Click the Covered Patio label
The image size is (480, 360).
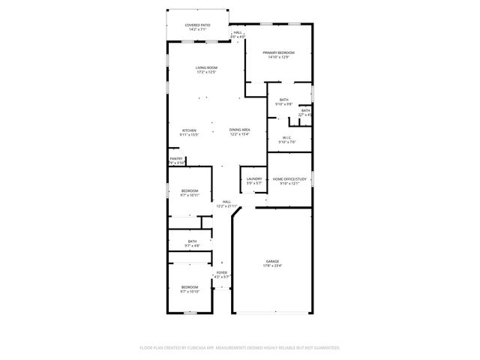[198, 25]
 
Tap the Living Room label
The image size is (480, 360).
[206, 68]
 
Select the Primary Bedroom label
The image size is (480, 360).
[278, 52]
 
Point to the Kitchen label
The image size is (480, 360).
[189, 130]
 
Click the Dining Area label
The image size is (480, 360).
[240, 130]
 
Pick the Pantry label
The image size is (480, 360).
[176, 158]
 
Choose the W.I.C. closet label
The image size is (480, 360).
[287, 137]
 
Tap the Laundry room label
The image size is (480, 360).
[254, 179]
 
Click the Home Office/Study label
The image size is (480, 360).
[289, 179]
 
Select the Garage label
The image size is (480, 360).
[271, 261]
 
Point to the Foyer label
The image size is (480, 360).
[221, 272]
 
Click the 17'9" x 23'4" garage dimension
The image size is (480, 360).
[271, 265]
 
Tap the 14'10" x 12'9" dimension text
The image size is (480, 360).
[278, 57]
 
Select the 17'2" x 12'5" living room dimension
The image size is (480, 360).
[206, 73]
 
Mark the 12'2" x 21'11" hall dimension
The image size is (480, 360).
[227, 205]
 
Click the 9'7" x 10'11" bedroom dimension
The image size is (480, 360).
[190, 195]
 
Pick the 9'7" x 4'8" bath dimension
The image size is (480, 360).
[190, 246]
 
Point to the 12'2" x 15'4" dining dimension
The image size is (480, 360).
[240, 134]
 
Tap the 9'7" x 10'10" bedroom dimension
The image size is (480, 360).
[190, 292]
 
